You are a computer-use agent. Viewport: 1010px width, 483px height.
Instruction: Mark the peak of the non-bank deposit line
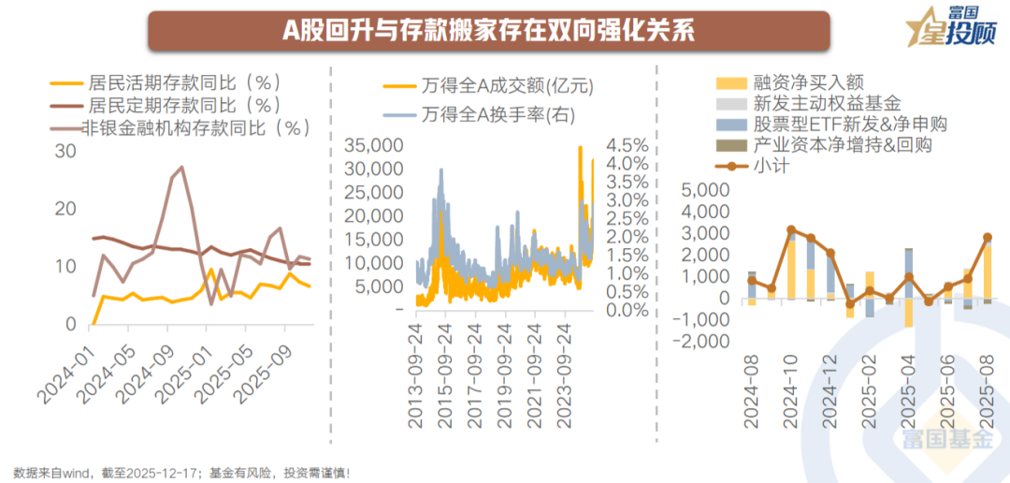pyautogui.click(x=180, y=168)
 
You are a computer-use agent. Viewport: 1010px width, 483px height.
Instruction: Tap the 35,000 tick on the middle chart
pyautogui.click(x=374, y=146)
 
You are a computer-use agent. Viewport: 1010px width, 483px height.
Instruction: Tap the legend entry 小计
pyautogui.click(x=771, y=167)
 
